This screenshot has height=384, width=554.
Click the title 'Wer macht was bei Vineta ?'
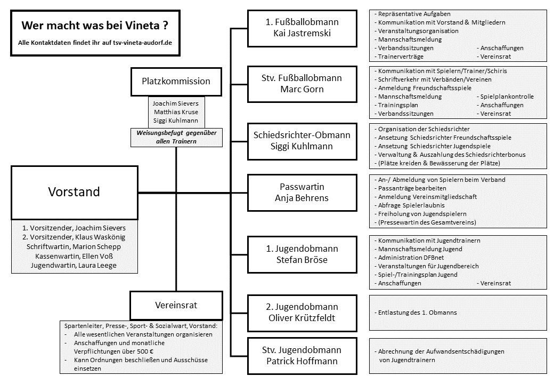[x=95, y=26]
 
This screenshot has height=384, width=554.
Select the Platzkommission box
[x=176, y=82]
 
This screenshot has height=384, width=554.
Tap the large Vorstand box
[x=75, y=193]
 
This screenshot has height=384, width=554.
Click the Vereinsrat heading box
[x=176, y=306]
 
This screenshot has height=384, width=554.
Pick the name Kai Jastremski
[x=302, y=33]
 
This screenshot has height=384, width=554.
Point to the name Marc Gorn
[x=302, y=89]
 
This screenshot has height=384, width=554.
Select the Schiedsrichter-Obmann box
[x=302, y=141]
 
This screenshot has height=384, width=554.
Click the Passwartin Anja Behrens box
[x=302, y=193]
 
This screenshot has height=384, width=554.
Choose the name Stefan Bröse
[x=302, y=260]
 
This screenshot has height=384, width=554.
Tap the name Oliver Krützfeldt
[x=302, y=318]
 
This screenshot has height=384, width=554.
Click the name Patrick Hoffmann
[x=302, y=361]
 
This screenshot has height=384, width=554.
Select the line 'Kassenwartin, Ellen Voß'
[x=74, y=256]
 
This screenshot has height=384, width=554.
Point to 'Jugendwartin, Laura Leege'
[x=74, y=265]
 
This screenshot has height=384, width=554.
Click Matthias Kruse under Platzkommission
[x=176, y=112]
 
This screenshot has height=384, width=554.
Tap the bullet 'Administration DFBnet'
[x=409, y=258]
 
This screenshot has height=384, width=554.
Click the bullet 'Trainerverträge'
[x=399, y=57]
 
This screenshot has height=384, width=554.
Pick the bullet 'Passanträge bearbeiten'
[x=410, y=188]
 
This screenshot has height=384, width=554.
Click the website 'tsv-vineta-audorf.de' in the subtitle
[x=143, y=43]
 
